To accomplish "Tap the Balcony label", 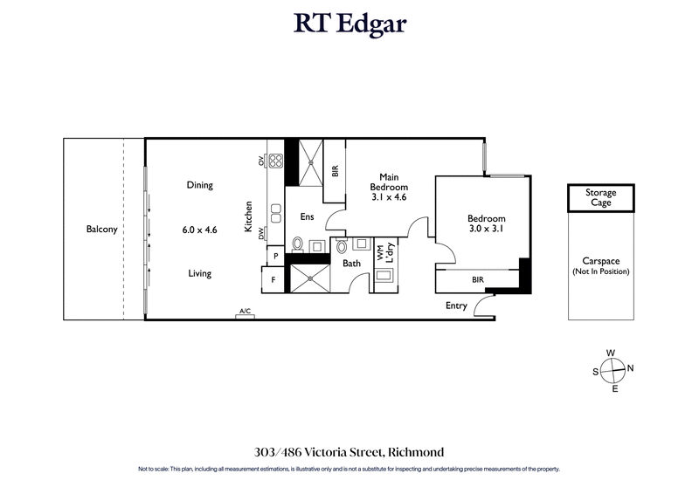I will click(x=102, y=230).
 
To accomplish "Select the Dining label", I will click(x=199, y=185).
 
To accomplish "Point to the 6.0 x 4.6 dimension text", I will click(x=199, y=230).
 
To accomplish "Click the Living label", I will click(x=199, y=273).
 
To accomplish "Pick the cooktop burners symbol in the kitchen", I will click(x=275, y=161).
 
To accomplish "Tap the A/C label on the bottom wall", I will click(x=245, y=312).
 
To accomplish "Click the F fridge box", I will click(x=273, y=280).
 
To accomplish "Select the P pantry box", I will click(x=275, y=256).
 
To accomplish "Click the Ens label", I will click(x=307, y=216).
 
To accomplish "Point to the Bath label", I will click(x=351, y=263).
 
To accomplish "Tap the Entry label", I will click(x=456, y=305).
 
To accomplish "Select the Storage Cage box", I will click(x=600, y=197).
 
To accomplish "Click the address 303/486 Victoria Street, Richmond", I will click(x=349, y=452).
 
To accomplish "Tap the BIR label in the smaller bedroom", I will click(x=478, y=280).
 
